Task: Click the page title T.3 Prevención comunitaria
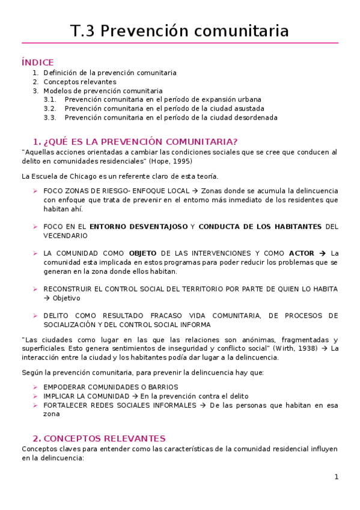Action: point(180,31)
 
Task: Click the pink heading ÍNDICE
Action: point(37,62)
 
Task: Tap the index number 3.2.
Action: point(50,109)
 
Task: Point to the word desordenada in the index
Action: point(255,118)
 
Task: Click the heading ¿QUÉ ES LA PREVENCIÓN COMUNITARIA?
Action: point(135,141)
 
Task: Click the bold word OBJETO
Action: point(142,253)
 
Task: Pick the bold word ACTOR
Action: point(301,253)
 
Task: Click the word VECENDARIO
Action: point(61,236)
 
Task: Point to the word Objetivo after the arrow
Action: point(66,298)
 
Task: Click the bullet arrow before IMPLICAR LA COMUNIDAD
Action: point(35,396)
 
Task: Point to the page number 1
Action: point(337,477)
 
